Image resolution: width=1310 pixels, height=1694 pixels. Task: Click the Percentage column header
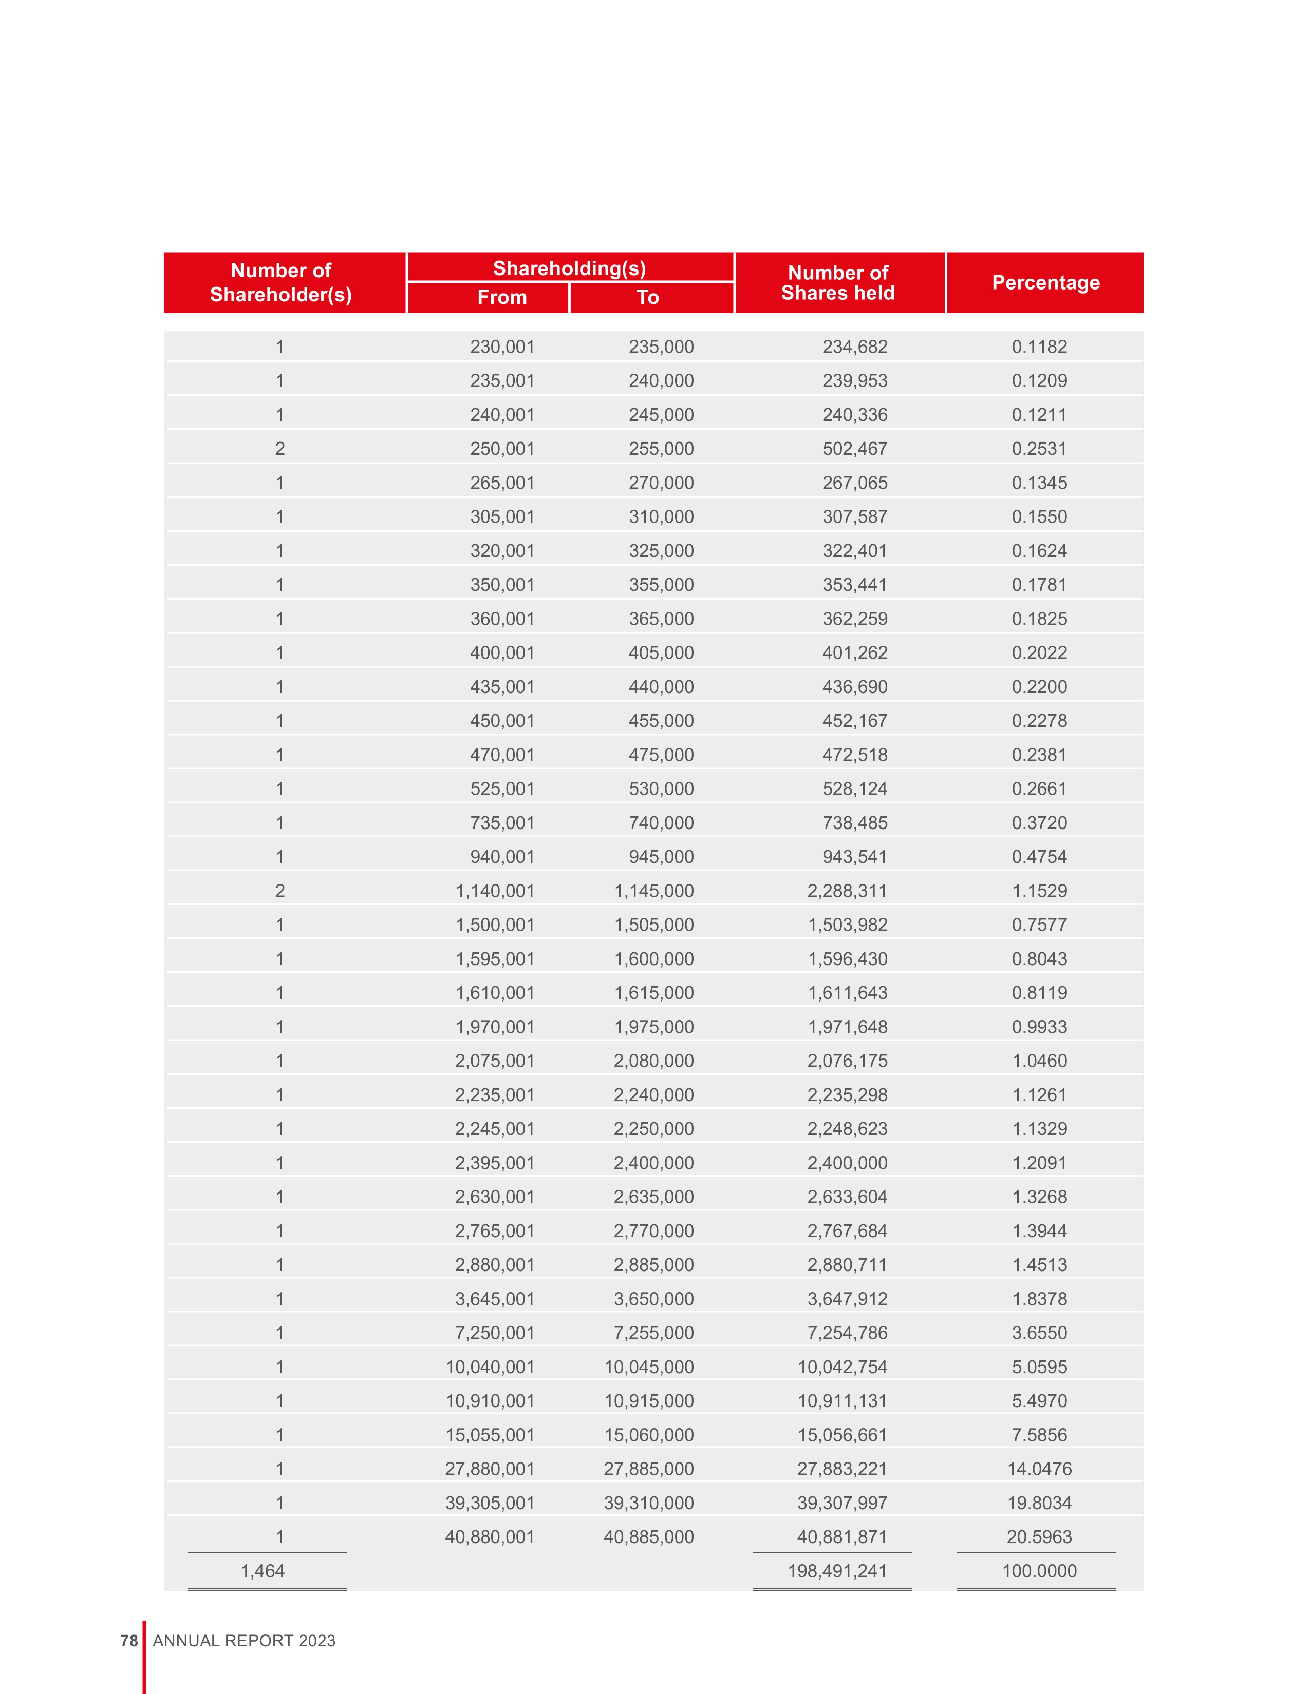click(1045, 282)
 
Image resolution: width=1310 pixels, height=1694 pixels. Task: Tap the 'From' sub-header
click(501, 297)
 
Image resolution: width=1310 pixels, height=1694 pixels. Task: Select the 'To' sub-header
click(648, 297)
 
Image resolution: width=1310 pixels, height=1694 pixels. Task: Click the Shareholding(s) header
click(570, 268)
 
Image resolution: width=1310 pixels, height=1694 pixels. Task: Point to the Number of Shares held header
click(838, 282)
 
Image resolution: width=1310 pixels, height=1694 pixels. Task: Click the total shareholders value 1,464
click(263, 1571)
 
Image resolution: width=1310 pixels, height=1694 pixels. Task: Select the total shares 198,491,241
click(837, 1571)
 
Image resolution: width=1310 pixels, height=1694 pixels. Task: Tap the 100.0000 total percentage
click(1039, 1571)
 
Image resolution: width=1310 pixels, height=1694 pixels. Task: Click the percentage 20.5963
click(1039, 1536)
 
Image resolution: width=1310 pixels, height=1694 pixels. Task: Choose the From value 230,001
click(502, 346)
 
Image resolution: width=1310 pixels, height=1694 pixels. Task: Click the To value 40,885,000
click(649, 1536)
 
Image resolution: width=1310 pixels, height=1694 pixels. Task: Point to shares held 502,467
click(854, 448)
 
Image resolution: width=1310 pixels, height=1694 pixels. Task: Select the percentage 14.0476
click(1039, 1468)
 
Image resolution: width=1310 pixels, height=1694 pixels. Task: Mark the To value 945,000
click(661, 856)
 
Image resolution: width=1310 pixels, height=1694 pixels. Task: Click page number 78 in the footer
click(129, 1641)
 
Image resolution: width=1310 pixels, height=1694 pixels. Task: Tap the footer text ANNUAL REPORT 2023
click(244, 1641)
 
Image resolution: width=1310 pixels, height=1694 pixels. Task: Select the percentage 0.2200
click(1039, 686)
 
